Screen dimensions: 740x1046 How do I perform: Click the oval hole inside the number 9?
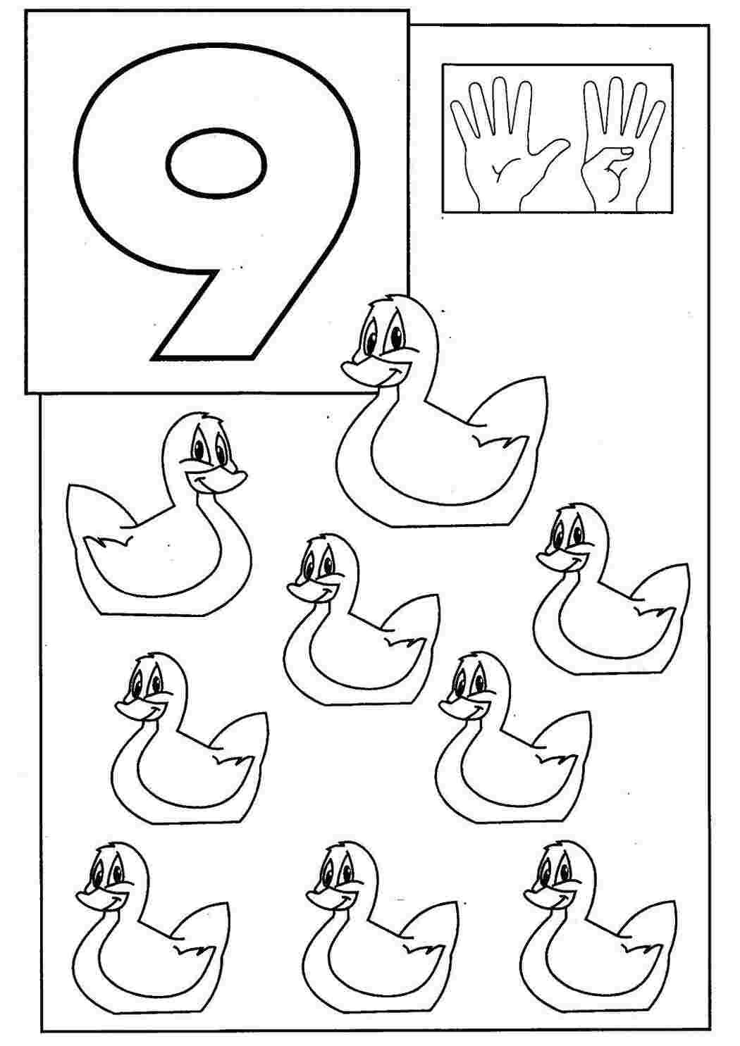(216, 161)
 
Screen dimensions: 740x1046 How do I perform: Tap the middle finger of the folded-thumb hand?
(615, 106)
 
